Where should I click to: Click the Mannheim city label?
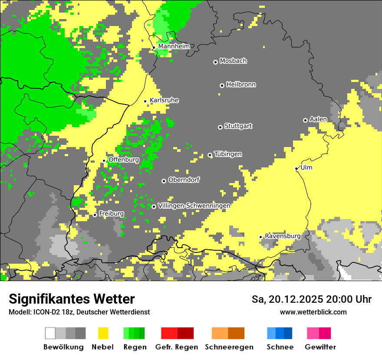(x=174, y=46)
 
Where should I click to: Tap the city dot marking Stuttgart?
(x=220, y=127)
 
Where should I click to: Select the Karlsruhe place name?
(x=164, y=100)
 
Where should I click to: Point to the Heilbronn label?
(x=241, y=85)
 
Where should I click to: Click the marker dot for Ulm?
(x=296, y=168)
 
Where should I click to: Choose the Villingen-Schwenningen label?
(x=194, y=206)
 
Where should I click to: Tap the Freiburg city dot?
(x=95, y=215)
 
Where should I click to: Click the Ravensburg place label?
(x=283, y=236)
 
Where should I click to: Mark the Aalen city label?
(x=318, y=119)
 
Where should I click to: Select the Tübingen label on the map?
(x=228, y=154)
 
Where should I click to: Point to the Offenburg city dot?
(x=104, y=160)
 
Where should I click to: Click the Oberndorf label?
(x=184, y=180)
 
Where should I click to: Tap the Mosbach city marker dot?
(x=215, y=62)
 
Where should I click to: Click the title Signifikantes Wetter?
(x=72, y=299)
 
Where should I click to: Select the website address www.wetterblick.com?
(x=313, y=312)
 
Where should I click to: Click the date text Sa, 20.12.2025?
(x=288, y=299)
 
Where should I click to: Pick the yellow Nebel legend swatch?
(x=103, y=333)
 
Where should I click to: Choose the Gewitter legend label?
(x=320, y=347)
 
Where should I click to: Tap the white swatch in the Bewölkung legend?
(x=50, y=333)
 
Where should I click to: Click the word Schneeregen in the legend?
(x=229, y=347)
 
